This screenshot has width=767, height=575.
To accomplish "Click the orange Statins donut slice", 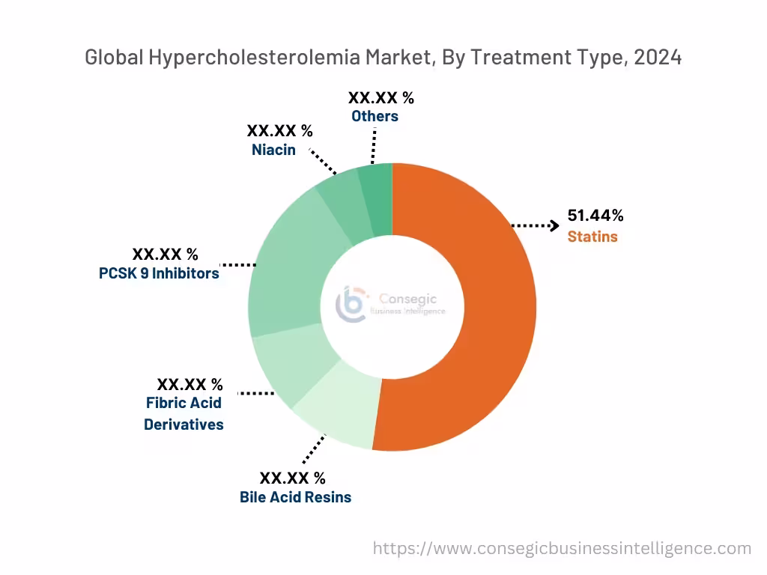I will pyautogui.click(x=479, y=314).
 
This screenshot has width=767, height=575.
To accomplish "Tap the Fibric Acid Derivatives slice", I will pyautogui.click(x=288, y=367).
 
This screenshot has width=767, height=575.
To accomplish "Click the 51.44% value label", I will pyautogui.click(x=595, y=216).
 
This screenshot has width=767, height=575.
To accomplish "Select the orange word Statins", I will pyautogui.click(x=592, y=237).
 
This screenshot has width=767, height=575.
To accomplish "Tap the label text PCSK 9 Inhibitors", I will pyautogui.click(x=159, y=273).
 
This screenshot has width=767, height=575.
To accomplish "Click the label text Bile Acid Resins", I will pyautogui.click(x=295, y=497).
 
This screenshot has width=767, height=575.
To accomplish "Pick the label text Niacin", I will pyautogui.click(x=273, y=150).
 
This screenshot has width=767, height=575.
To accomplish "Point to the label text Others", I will pyautogui.click(x=375, y=116).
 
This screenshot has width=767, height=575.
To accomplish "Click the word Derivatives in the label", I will pyautogui.click(x=184, y=425).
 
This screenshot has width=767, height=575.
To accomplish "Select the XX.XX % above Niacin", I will pyautogui.click(x=279, y=130).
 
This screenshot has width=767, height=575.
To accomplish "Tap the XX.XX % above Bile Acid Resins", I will pyautogui.click(x=292, y=478).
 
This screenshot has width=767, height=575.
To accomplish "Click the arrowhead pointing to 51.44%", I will pyautogui.click(x=554, y=225).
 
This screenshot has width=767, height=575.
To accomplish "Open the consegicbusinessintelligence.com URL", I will pyautogui.click(x=562, y=549).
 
